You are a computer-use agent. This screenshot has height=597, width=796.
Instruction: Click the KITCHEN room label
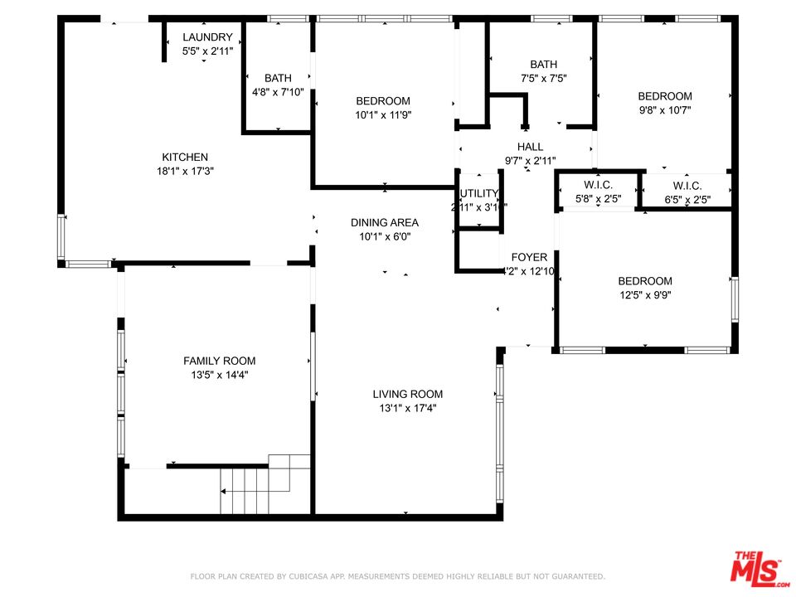pyautogui.click(x=184, y=157)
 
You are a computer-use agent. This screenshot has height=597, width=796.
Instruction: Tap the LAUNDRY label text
pyautogui.click(x=207, y=37)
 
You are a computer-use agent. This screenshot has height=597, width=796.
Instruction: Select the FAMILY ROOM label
pyautogui.click(x=219, y=361)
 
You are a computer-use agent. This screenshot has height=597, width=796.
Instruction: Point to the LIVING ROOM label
pyautogui.click(x=407, y=394)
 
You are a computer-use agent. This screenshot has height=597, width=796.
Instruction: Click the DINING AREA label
pyautogui.click(x=384, y=222)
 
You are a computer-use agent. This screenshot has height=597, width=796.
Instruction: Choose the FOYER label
pyautogui.click(x=529, y=257)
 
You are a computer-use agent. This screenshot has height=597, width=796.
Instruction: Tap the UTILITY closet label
pyautogui.click(x=478, y=194)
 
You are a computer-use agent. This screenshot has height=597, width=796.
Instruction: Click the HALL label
pyautogui.click(x=530, y=147)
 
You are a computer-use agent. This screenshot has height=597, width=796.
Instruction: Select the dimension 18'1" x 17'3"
pyautogui.click(x=184, y=171)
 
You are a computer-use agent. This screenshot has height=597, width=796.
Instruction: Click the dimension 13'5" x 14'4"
pyautogui.click(x=219, y=375)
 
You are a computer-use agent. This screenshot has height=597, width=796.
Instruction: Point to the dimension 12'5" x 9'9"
pyautogui.click(x=644, y=294)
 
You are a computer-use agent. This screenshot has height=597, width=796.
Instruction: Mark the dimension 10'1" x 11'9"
pyautogui.click(x=383, y=115)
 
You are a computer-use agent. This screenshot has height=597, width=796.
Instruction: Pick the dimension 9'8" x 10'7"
pyautogui.click(x=664, y=109)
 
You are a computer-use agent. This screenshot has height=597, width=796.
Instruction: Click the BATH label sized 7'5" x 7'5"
pyautogui.click(x=544, y=65)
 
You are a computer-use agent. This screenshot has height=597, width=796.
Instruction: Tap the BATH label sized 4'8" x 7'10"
pyautogui.click(x=278, y=79)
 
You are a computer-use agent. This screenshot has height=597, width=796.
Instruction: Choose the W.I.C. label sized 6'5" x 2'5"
pyautogui.click(x=687, y=186)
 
